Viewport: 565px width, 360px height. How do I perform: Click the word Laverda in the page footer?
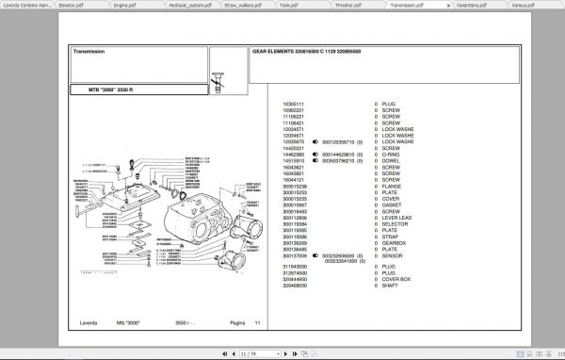(86, 324)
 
